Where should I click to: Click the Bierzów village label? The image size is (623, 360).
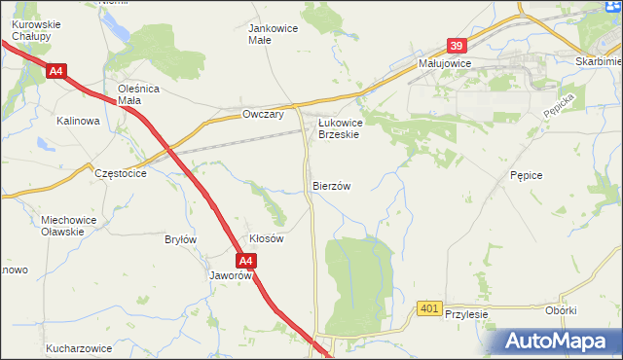(x=331, y=185)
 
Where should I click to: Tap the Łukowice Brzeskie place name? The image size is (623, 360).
(x=340, y=128)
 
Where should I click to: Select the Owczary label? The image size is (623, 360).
(x=262, y=115)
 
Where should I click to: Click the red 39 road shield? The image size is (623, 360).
(x=458, y=46)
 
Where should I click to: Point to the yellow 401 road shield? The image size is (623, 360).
(x=429, y=308)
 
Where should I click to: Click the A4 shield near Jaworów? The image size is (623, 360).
(x=247, y=261)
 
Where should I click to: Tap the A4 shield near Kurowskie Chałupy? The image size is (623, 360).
(x=56, y=71)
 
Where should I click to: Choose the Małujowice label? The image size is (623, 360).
(x=444, y=62)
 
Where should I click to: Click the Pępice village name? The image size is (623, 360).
(x=525, y=174)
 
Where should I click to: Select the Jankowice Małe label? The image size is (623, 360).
(x=274, y=34)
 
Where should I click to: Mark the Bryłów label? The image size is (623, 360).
(x=181, y=239)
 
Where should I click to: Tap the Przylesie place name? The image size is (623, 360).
(x=465, y=315)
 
